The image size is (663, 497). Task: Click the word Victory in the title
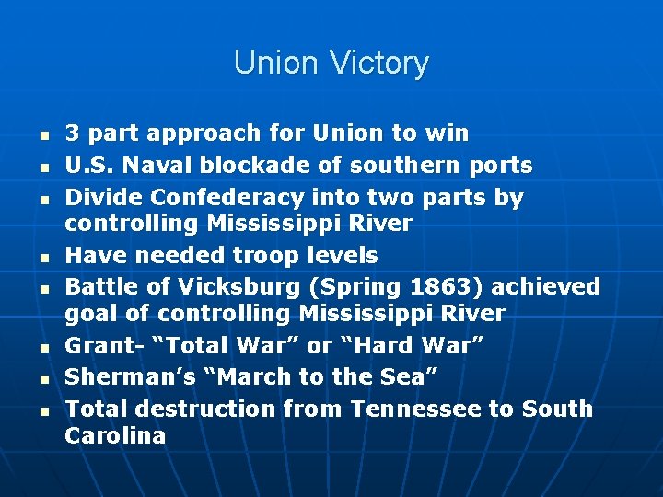pos(381,64)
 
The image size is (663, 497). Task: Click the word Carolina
pos(115,435)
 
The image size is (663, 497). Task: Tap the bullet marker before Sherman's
pos(42,378)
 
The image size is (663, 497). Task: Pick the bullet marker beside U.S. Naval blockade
pos(42,167)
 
